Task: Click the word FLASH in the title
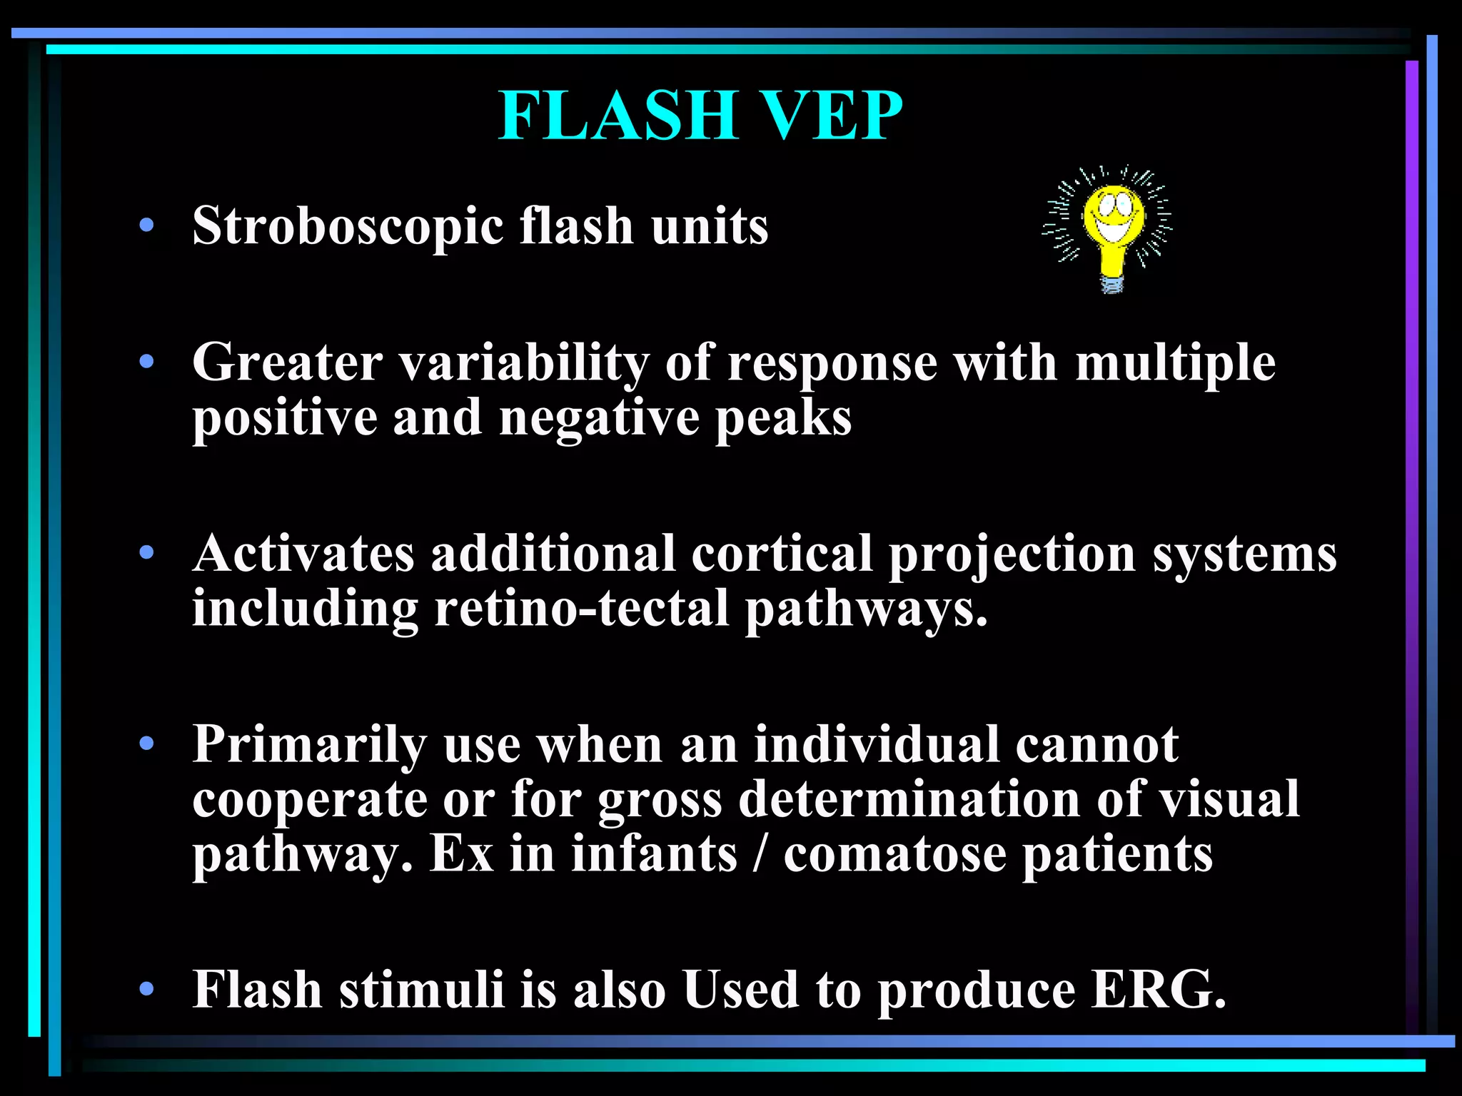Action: (617, 116)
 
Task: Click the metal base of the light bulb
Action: (1112, 284)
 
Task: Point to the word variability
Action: (523, 363)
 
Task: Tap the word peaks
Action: (784, 419)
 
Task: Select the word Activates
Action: (303, 554)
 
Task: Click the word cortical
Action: (782, 554)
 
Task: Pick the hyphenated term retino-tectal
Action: (582, 609)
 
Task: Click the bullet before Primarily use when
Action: (147, 744)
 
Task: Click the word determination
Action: (909, 799)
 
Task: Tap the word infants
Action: (654, 854)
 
